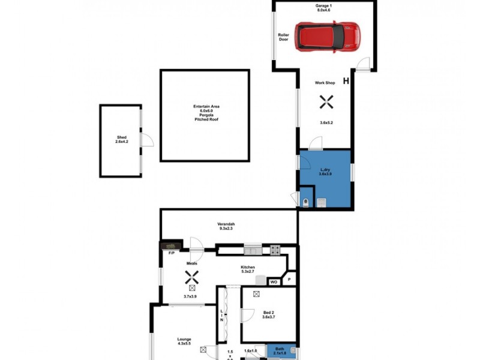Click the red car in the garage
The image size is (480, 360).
pos(329,37)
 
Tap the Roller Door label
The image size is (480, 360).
pos(283,37)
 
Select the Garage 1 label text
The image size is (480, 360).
pos(325,8)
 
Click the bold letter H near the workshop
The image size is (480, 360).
pos(346,81)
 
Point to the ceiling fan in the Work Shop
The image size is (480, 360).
pos(326,103)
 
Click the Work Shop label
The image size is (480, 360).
pos(325,83)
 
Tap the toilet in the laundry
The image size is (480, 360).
pos(307,202)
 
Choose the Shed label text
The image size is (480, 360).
pos(122,139)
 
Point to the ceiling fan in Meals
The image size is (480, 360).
pos(191,277)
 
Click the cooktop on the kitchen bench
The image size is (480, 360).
pos(275,250)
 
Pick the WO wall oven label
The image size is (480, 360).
pos(273,281)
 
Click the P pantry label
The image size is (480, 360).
pos(289,280)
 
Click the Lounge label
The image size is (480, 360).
pos(184,341)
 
